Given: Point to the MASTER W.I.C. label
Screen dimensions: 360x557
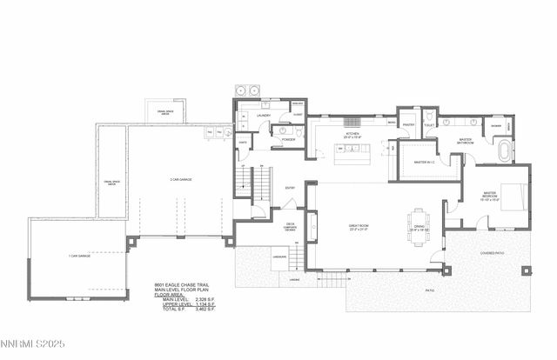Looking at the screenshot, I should tap(425, 162).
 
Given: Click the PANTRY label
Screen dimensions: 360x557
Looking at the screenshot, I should tap(407, 125).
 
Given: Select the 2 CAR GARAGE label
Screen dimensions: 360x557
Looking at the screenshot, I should tap(181, 180).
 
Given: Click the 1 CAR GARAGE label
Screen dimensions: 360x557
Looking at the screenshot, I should tap(79, 256).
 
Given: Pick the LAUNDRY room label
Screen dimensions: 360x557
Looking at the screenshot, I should tap(263, 115).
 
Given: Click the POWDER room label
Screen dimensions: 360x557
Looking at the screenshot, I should tap(285, 138).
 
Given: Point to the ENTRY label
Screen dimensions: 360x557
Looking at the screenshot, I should tap(290, 187).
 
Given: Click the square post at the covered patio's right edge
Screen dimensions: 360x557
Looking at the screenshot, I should tap(527, 270).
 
